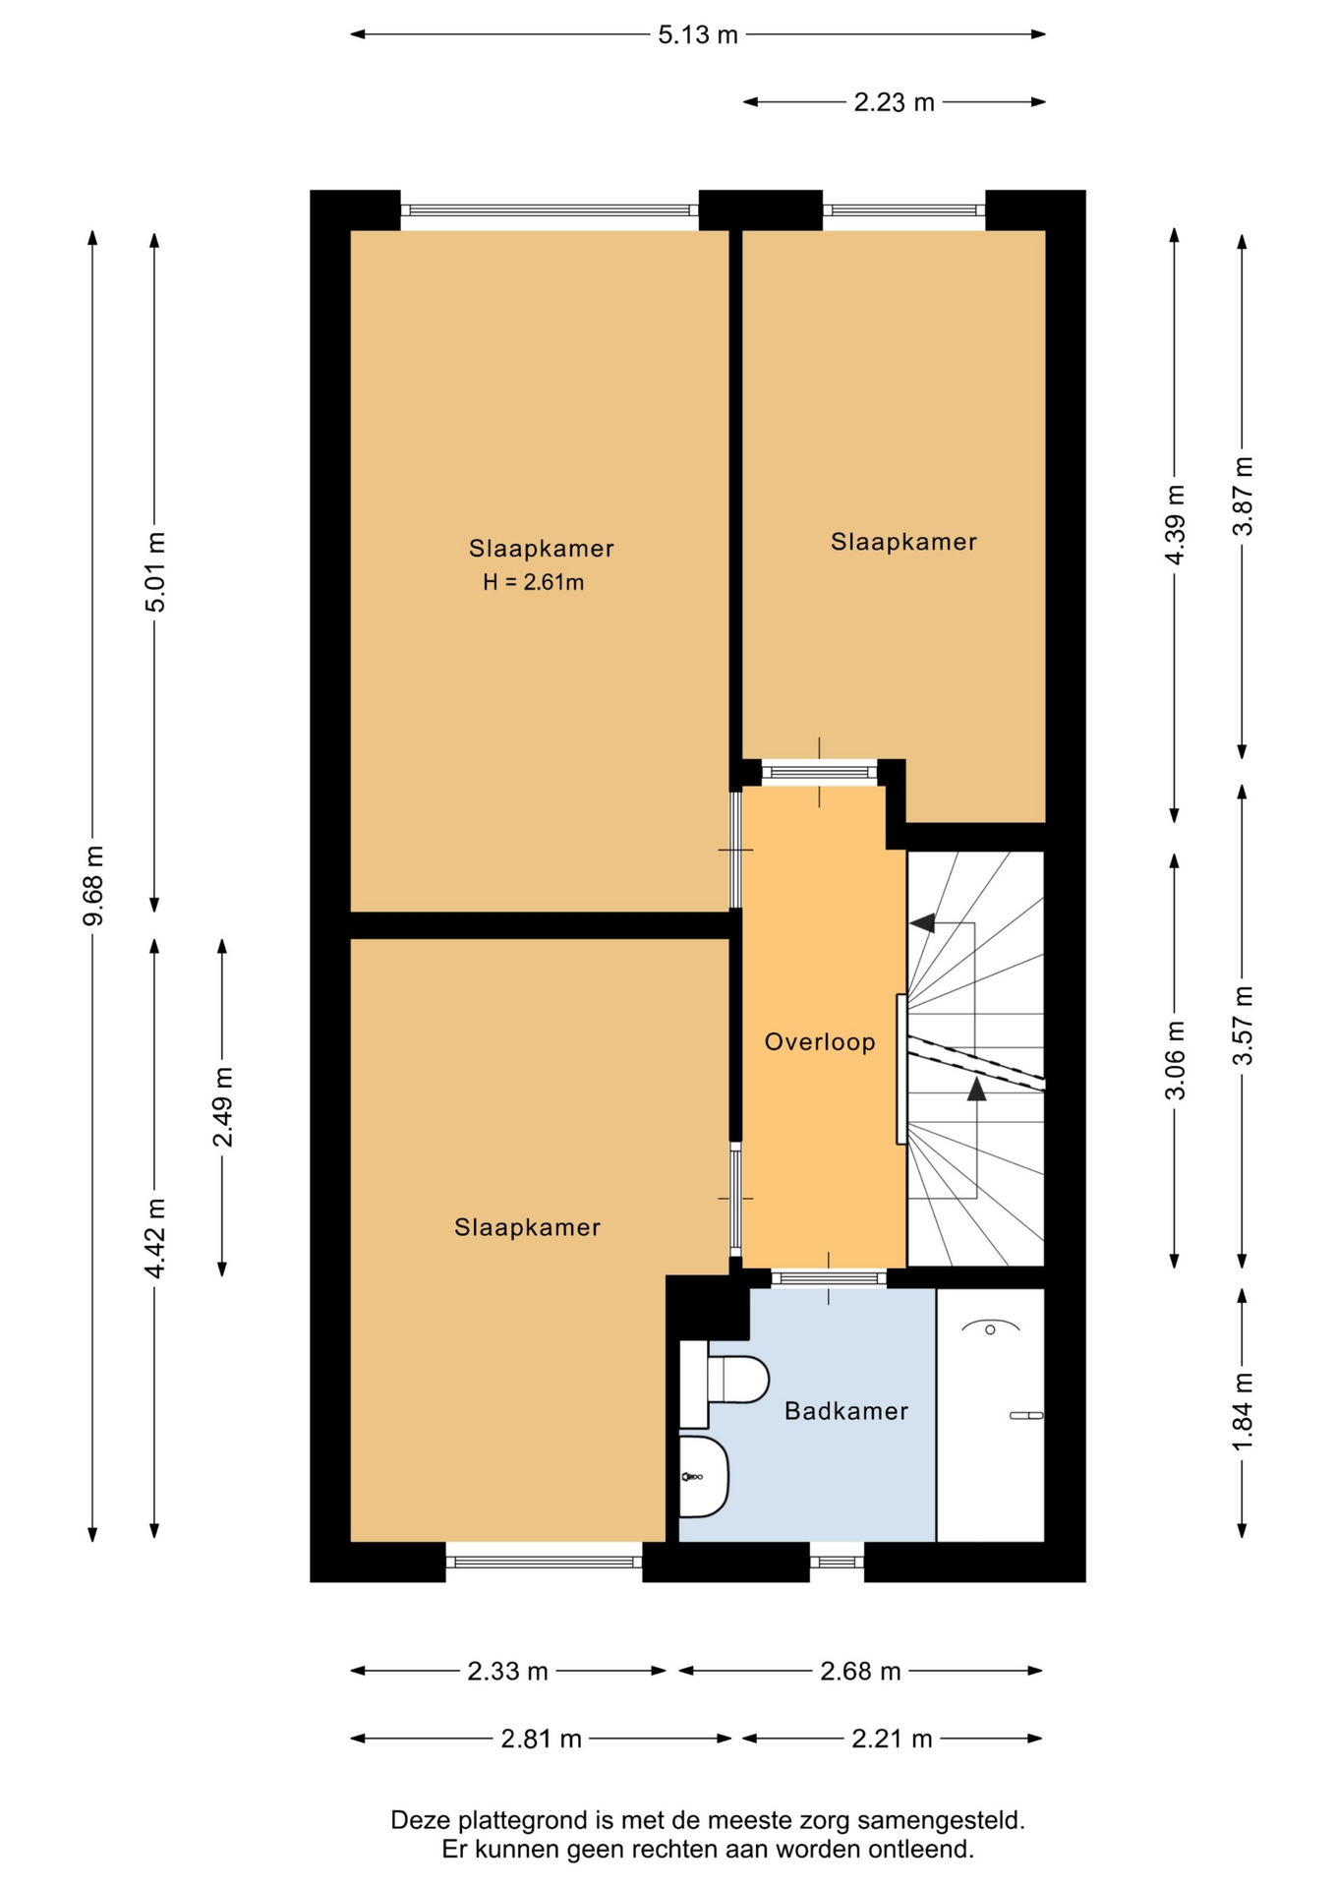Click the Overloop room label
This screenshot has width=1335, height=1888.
(820, 1041)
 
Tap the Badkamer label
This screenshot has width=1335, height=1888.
(846, 1411)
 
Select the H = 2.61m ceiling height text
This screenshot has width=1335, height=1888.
(533, 582)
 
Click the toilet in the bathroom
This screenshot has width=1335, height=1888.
(725, 1379)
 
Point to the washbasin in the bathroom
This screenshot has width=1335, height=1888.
(704, 1476)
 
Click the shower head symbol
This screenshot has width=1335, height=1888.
(990, 1328)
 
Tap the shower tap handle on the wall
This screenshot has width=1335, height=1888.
(1026, 1415)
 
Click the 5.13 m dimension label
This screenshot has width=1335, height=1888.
(698, 35)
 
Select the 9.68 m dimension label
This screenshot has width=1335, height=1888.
(93, 885)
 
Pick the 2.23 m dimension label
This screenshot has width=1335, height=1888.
(894, 102)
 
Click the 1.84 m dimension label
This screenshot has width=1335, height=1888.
(1243, 1411)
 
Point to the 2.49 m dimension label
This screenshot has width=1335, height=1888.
(223, 1106)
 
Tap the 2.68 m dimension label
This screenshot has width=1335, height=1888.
(860, 1671)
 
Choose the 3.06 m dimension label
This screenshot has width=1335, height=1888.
(1175, 1060)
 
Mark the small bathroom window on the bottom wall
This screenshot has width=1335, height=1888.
(837, 1561)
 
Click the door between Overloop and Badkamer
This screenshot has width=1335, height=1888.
(829, 1277)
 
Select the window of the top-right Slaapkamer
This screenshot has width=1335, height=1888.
(903, 209)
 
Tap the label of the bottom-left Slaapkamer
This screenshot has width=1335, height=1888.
(527, 1227)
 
